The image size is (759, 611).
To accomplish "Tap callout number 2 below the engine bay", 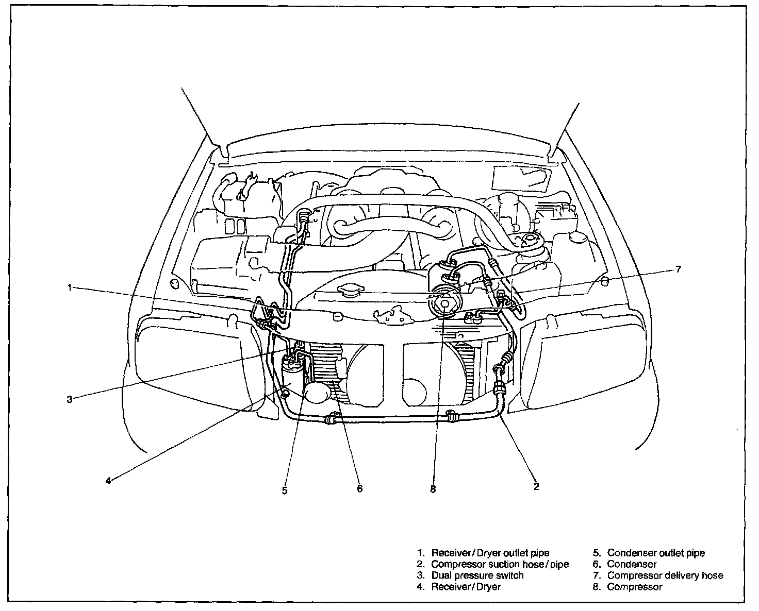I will pos(536,486).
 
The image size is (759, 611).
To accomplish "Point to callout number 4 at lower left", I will pos(108,480).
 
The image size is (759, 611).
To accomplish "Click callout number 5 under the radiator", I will pos(285,490).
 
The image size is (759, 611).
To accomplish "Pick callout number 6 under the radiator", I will pos(359,488).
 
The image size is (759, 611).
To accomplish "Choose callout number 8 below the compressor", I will pos(433,489).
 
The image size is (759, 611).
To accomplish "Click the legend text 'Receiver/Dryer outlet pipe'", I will pos(490,553).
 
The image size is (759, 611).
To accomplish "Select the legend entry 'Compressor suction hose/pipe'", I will pos(500,565).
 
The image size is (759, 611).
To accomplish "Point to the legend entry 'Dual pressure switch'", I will pos(477,575).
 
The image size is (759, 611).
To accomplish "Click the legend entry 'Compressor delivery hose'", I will pos(665,575).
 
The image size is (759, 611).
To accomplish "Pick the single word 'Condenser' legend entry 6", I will pos(632,565).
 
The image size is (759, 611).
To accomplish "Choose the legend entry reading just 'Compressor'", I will pos(635,587).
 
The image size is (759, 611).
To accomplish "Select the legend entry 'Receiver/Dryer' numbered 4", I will pos(466,587).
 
